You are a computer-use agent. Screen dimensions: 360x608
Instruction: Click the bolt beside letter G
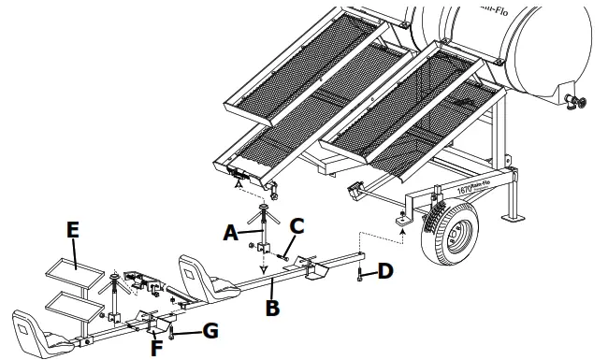[x=173, y=331]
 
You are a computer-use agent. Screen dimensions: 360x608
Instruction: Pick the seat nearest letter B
[x=198, y=274]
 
